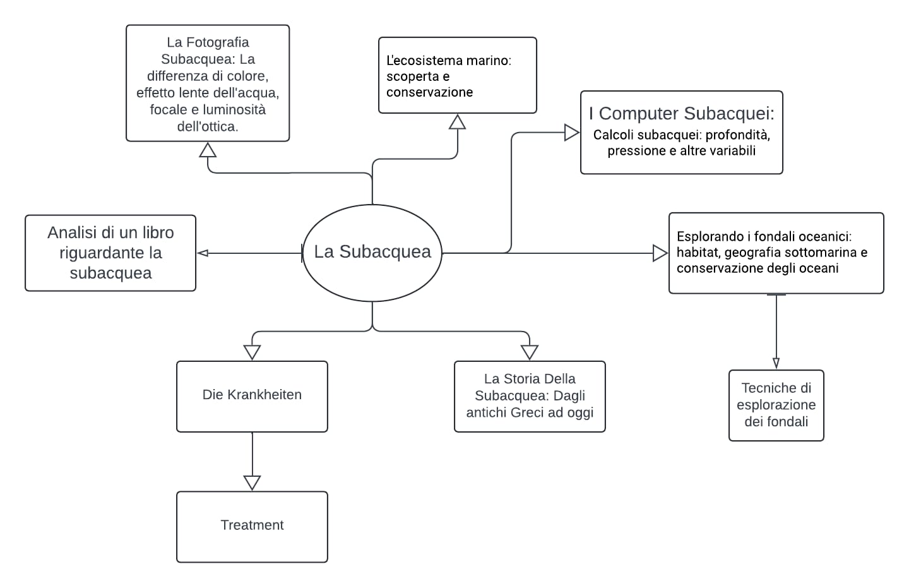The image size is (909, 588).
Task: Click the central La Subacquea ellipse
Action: (x=372, y=253)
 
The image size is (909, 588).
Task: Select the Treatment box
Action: (x=252, y=526)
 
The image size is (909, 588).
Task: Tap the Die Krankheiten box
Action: (x=252, y=396)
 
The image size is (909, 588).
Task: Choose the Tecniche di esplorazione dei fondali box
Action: (x=776, y=405)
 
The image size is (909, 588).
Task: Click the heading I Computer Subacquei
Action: (x=681, y=114)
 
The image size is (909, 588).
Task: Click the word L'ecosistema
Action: (x=416, y=61)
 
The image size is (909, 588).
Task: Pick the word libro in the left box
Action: (x=155, y=233)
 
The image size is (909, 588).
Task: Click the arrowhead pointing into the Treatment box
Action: (x=252, y=483)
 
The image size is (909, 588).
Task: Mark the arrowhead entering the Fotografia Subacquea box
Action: (x=208, y=150)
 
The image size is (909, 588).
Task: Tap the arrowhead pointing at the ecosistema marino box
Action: (x=457, y=122)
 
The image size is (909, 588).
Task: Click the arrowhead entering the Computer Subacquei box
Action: (x=571, y=133)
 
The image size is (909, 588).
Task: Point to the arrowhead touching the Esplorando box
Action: (x=660, y=253)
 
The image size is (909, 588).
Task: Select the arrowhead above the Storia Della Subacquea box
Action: (x=530, y=352)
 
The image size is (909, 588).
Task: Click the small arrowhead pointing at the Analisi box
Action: (x=203, y=253)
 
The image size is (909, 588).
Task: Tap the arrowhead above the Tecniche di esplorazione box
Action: (x=776, y=363)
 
